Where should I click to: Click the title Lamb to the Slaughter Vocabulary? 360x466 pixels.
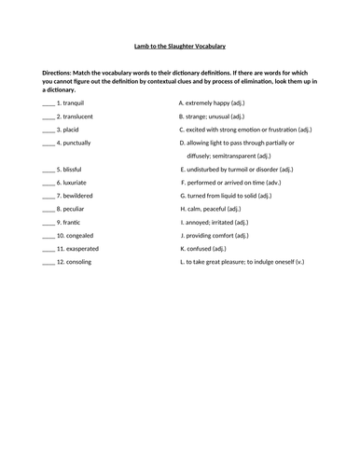pos(179,46)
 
